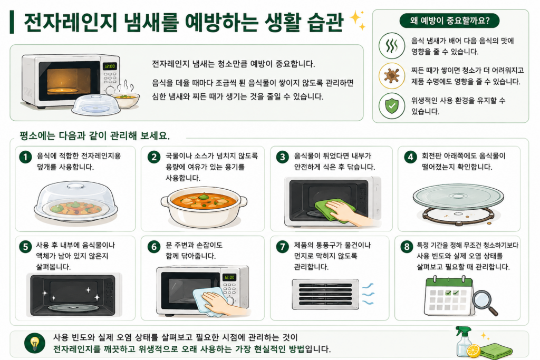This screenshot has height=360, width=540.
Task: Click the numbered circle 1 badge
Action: (x=25, y=157)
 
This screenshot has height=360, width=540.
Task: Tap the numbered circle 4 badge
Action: (x=410, y=157)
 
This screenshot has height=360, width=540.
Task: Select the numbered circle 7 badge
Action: (x=283, y=247)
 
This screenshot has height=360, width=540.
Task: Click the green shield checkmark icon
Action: (x=392, y=105)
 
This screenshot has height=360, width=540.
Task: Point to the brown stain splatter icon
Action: (x=392, y=76)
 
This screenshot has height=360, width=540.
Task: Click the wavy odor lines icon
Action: (x=392, y=45)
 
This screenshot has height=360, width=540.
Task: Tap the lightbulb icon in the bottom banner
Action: (x=35, y=343)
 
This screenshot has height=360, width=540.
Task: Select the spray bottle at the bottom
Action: (x=464, y=342)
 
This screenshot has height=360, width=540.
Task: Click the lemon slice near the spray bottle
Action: (x=474, y=351)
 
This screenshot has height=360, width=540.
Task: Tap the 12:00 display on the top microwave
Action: (x=110, y=66)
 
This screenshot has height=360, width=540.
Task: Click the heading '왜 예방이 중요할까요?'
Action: (x=450, y=21)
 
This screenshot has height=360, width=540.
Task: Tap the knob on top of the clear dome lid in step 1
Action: (x=75, y=186)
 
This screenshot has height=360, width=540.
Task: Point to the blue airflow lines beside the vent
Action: (x=368, y=294)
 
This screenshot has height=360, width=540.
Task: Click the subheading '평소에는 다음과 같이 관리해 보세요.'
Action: (x=95, y=135)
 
